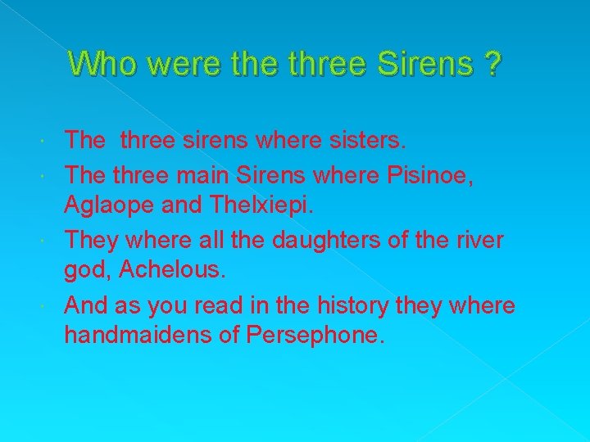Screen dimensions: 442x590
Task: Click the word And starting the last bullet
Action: coord(88,306)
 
